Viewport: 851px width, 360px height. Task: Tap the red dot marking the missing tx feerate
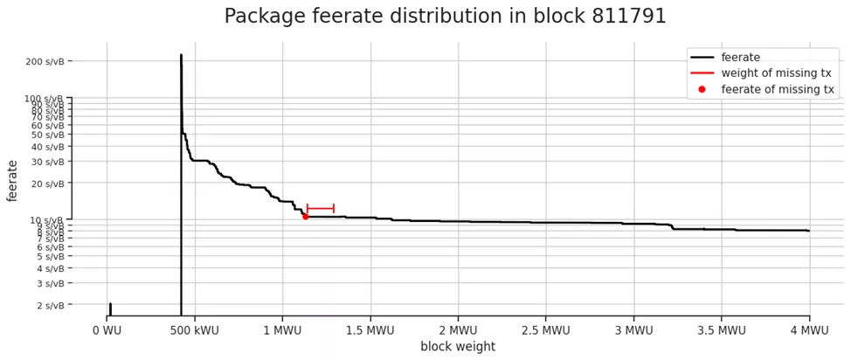[305, 216]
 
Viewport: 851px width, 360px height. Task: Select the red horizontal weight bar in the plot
[321, 209]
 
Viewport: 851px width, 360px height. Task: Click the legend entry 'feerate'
[740, 58]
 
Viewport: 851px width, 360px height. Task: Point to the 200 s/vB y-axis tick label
[45, 61]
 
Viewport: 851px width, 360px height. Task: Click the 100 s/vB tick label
[45, 99]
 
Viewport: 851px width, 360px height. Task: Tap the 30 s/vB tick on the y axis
[47, 162]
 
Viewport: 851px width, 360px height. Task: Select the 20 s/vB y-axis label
[47, 183]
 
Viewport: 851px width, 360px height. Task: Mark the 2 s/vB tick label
[50, 306]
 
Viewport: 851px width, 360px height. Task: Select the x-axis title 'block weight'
[458, 347]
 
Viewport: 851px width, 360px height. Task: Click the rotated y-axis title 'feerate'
[12, 180]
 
